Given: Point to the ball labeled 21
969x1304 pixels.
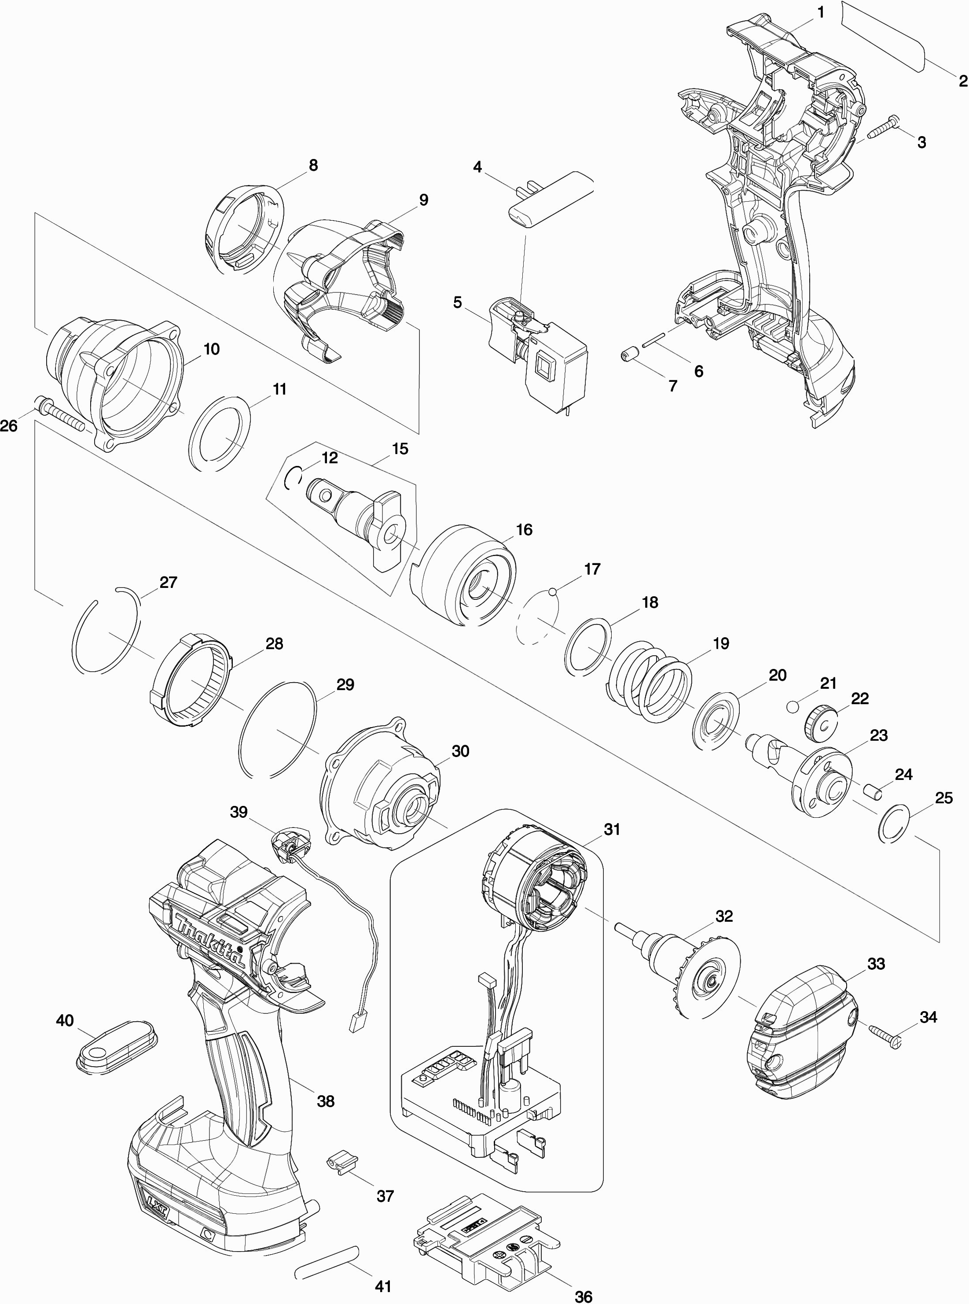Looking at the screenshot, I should click(x=793, y=706).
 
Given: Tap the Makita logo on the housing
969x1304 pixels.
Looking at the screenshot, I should click(x=209, y=942).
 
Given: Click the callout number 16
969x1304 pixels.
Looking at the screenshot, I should click(x=524, y=530).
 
